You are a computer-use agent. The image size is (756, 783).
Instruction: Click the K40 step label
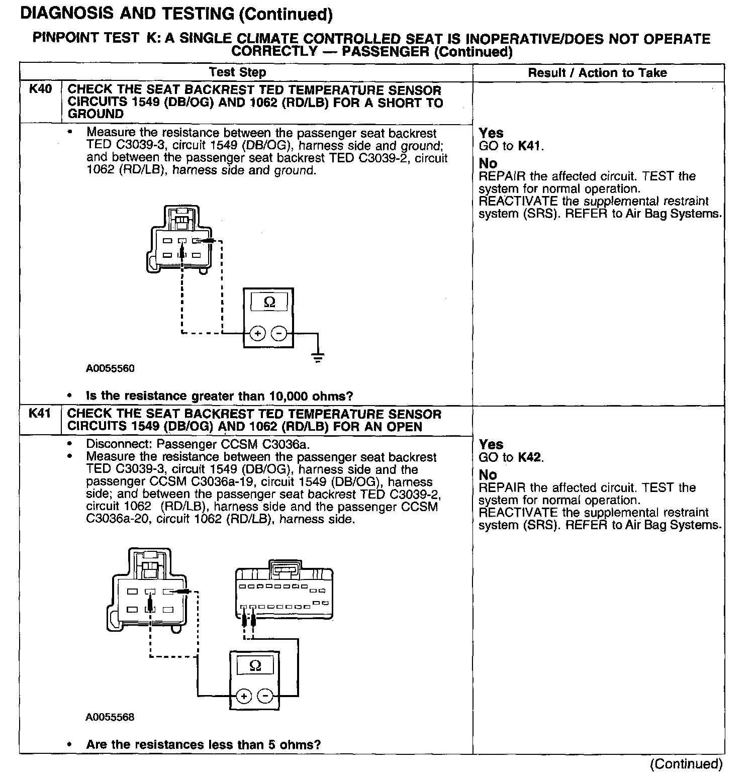(40, 90)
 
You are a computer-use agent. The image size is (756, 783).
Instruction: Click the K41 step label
(40, 414)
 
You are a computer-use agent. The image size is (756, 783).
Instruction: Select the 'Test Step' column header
(237, 72)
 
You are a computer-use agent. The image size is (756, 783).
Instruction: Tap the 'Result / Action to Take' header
(597, 73)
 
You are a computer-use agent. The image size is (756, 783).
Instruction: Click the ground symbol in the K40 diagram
(317, 358)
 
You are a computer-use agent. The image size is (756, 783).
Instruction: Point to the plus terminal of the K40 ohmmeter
(257, 333)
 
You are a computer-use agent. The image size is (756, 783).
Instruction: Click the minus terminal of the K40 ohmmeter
(279, 333)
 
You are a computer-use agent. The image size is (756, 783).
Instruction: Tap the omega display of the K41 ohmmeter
(255, 666)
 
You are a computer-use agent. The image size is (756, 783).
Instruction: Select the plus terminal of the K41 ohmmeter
(244, 696)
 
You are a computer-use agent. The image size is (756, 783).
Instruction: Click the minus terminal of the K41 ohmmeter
(265, 696)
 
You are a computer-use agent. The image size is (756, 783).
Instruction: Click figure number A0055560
(110, 368)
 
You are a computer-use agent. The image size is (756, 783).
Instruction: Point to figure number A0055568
(110, 717)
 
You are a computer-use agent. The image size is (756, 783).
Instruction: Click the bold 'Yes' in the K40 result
(491, 133)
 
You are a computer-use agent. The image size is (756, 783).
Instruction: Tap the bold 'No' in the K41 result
(488, 475)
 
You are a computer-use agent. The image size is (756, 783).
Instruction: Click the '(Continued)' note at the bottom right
(686, 764)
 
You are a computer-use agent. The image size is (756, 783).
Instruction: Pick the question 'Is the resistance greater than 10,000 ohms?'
(219, 396)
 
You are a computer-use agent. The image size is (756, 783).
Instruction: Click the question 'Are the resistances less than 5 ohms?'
(203, 745)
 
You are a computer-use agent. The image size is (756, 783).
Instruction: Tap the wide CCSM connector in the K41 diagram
(284, 593)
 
